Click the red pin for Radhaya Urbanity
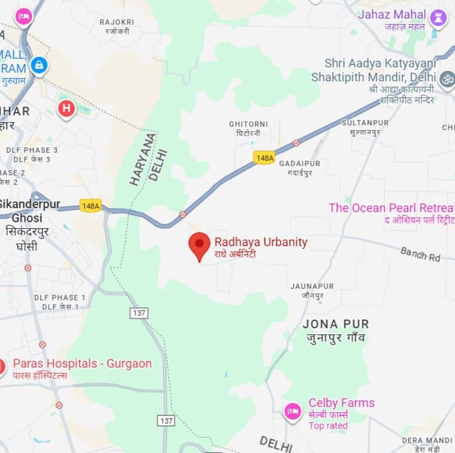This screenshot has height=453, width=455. pyautogui.click(x=199, y=245)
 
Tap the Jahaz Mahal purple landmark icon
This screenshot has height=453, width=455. pyautogui.click(x=438, y=18)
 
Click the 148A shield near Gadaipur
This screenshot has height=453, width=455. pyautogui.click(x=264, y=158)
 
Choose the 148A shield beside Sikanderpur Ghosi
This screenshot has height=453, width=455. pyautogui.click(x=90, y=205)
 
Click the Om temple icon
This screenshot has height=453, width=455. pyautogui.click(x=447, y=79)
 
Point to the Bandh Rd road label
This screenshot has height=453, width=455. pyautogui.click(x=420, y=254)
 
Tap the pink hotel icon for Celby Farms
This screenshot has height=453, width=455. pyautogui.click(x=293, y=412)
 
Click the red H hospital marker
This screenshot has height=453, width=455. pyautogui.click(x=66, y=108)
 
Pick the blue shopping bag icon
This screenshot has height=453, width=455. pyautogui.click(x=39, y=65)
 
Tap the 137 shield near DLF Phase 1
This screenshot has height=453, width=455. pyautogui.click(x=139, y=313)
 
